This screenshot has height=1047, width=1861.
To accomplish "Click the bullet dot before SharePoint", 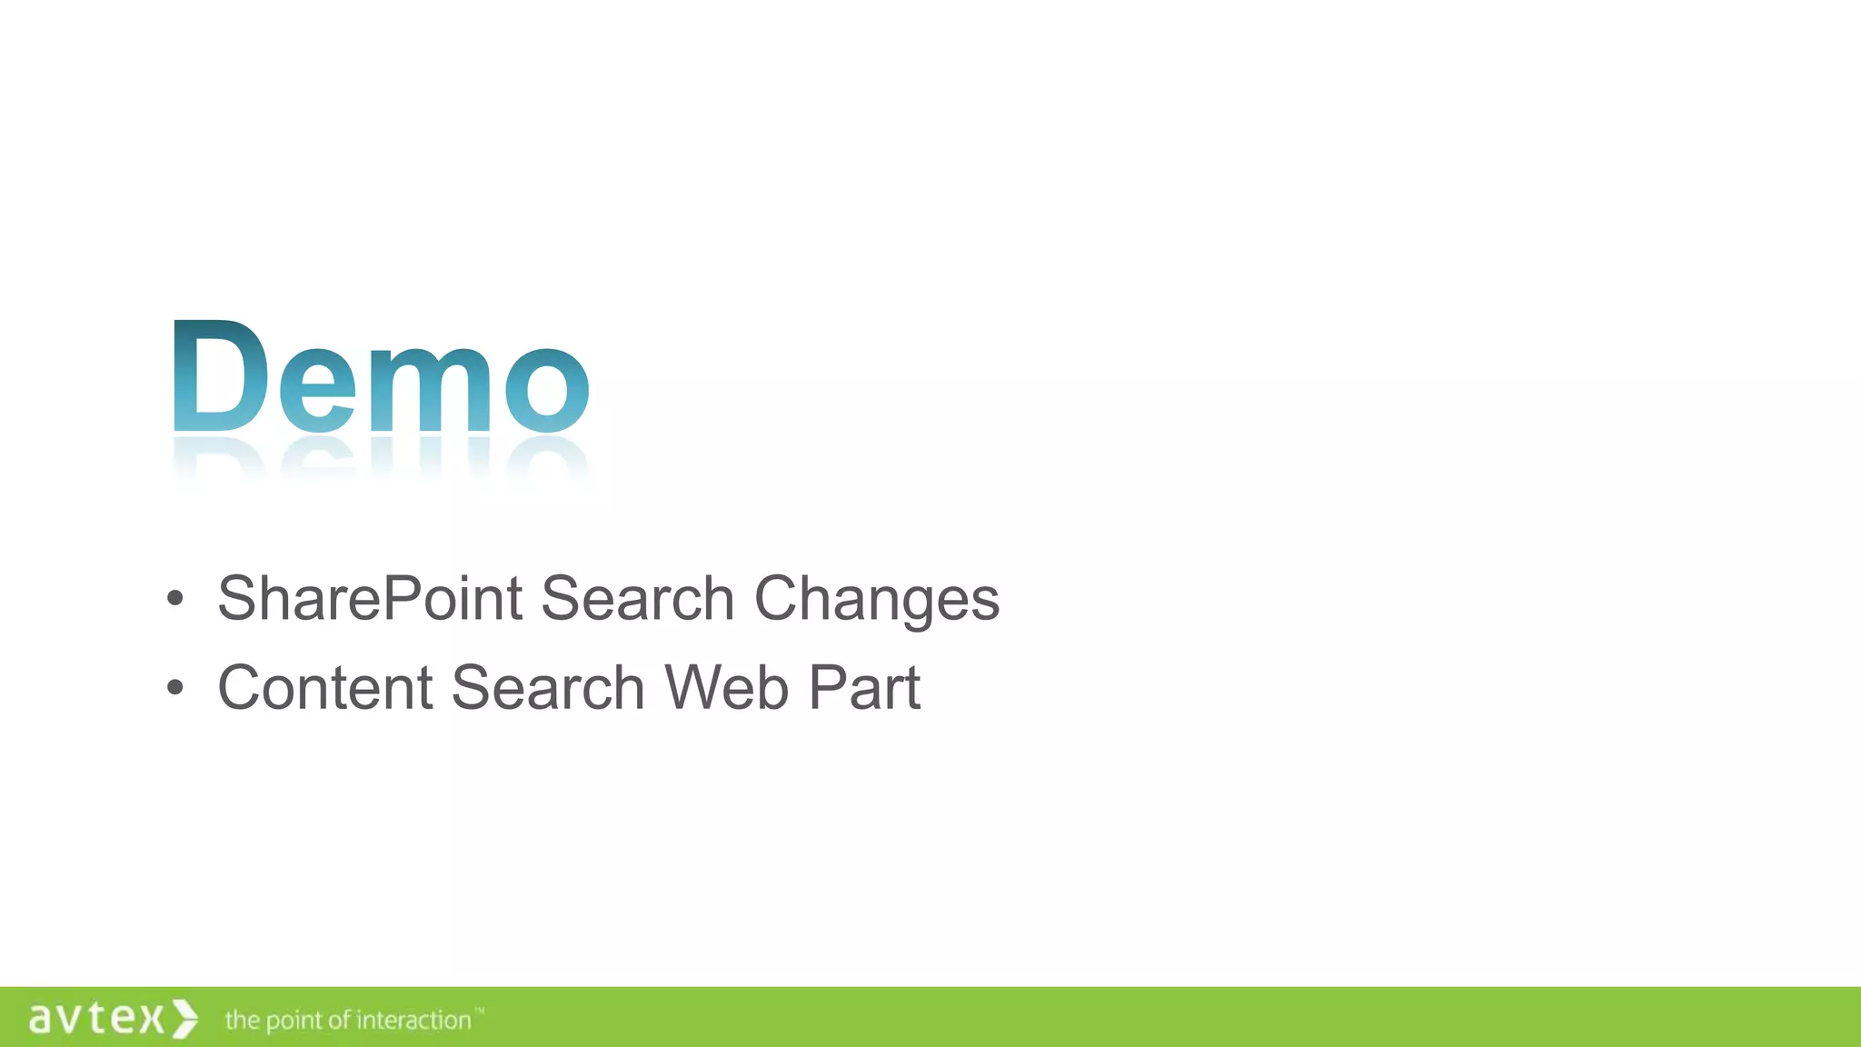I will (x=175, y=599).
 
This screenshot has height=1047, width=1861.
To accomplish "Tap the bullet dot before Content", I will (x=175, y=688).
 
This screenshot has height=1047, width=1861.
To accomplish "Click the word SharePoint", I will (x=370, y=599).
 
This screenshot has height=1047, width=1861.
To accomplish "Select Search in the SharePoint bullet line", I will (x=637, y=599).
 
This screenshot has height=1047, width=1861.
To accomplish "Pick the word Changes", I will (x=877, y=601).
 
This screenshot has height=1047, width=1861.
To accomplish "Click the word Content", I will (x=324, y=687).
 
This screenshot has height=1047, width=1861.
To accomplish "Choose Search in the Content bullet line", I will (x=548, y=687).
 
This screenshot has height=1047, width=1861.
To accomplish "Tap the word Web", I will (x=727, y=687).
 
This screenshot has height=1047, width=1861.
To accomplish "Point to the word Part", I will (x=864, y=687).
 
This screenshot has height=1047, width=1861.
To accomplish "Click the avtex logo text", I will (x=96, y=1018).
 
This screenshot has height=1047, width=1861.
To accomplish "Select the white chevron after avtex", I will (x=184, y=1018).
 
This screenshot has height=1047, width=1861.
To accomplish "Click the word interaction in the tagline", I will (x=413, y=1021).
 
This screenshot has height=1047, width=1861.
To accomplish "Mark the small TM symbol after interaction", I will (x=480, y=1011).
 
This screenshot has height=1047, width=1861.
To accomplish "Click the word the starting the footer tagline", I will (x=243, y=1021).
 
